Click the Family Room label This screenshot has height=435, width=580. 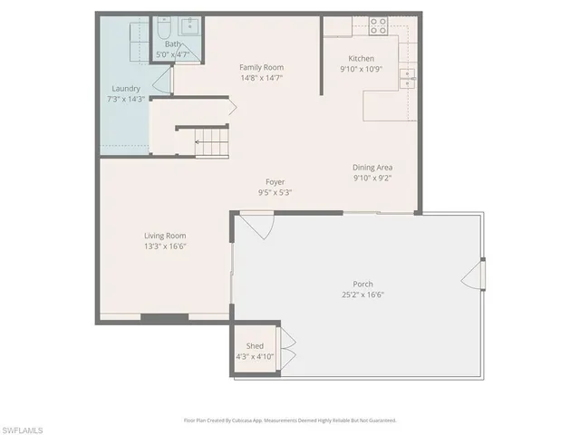click(261, 67)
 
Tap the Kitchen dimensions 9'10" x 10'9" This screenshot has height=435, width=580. click(356, 69)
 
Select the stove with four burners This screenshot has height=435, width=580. click(378, 24)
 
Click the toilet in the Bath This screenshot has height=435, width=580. click(163, 30)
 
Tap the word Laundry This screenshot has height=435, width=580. click(124, 88)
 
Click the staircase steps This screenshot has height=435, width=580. click(210, 141)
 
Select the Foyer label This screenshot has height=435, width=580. click(275, 181)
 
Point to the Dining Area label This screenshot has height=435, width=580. click(372, 168)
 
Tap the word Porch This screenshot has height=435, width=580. click(363, 284)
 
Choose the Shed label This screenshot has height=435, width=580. click(255, 346)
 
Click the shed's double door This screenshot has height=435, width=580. click(287, 349)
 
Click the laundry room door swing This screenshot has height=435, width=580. click(163, 83)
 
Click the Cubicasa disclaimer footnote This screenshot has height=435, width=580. click(290, 420)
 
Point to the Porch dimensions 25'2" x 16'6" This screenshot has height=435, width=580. click(363, 295)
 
